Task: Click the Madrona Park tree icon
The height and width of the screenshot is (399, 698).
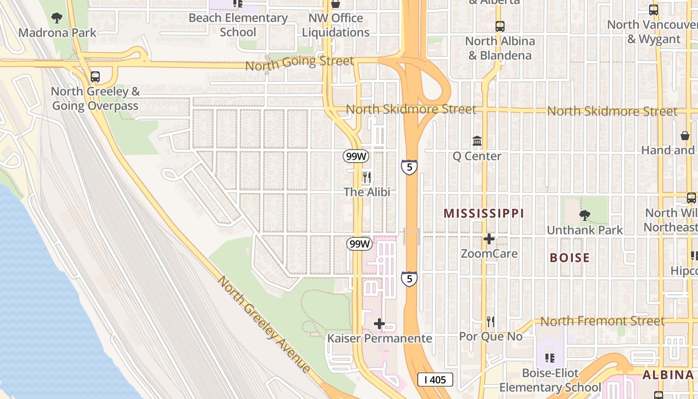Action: (x=57, y=18)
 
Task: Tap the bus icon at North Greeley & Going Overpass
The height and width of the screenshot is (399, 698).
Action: (x=95, y=77)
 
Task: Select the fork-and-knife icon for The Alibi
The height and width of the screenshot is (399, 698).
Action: (x=366, y=178)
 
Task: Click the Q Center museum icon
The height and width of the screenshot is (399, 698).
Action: (x=477, y=142)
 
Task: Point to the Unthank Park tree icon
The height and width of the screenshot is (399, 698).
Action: (x=584, y=215)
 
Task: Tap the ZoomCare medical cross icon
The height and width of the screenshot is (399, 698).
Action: (x=489, y=239)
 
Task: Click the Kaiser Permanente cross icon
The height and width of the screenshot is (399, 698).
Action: (x=379, y=324)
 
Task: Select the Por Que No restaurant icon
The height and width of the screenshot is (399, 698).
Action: (x=491, y=322)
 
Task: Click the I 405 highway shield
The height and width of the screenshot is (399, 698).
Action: (x=435, y=380)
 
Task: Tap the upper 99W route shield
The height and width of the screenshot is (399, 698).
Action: (x=356, y=156)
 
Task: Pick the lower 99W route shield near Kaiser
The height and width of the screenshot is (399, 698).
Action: (x=359, y=244)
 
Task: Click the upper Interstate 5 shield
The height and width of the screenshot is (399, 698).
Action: (x=409, y=167)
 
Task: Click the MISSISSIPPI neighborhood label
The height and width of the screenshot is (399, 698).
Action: (x=484, y=213)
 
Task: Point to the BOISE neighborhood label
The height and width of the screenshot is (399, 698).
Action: (x=569, y=258)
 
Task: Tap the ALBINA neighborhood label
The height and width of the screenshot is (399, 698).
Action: (x=668, y=375)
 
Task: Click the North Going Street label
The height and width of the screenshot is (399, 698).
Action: (x=299, y=63)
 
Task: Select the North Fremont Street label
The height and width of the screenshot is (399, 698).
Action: (x=602, y=321)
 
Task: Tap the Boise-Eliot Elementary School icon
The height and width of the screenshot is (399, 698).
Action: (x=550, y=358)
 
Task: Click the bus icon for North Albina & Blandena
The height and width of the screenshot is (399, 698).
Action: (x=500, y=26)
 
